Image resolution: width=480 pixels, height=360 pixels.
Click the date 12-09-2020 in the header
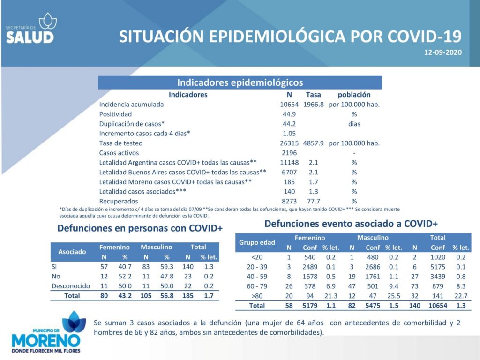pyautogui.click(x=442, y=52)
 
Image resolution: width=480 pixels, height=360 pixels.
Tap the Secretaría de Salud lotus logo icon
pyautogui.click(x=48, y=21)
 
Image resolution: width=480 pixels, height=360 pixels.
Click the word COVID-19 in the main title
pyautogui.click(x=424, y=37)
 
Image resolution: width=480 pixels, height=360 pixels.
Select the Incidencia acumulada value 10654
pyautogui.click(x=289, y=105)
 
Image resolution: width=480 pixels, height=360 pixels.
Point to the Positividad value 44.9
pyautogui.click(x=289, y=114)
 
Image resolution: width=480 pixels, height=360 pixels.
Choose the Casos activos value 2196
pyautogui.click(x=289, y=153)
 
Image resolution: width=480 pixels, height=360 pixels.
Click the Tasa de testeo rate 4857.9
pyautogui.click(x=313, y=143)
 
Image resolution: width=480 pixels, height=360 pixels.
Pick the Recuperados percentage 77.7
pyautogui.click(x=313, y=201)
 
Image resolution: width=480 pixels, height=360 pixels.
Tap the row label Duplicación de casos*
pyautogui.click(x=132, y=124)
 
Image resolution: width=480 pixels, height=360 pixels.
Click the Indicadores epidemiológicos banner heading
pyautogui.click(x=240, y=82)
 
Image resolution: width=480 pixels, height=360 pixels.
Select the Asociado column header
pyautogui.click(x=72, y=252)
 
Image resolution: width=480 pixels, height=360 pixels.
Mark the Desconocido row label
pyautogui.click(x=71, y=286)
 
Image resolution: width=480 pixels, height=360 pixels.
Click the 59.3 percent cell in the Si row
pyautogui.click(x=167, y=267)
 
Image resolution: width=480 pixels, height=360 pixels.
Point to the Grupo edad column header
pyautogui.click(x=257, y=242)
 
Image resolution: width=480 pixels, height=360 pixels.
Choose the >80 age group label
pyautogui.click(x=257, y=296)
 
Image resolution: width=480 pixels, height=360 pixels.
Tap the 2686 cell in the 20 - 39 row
pyautogui.click(x=373, y=267)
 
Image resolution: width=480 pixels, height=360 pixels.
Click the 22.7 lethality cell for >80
pyautogui.click(x=461, y=296)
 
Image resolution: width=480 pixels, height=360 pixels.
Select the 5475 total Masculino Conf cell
pyautogui.click(x=373, y=306)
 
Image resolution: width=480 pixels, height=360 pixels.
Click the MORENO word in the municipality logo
pyautogui.click(x=46, y=340)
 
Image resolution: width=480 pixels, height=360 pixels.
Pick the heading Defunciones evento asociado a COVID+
pyautogui.click(x=351, y=224)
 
